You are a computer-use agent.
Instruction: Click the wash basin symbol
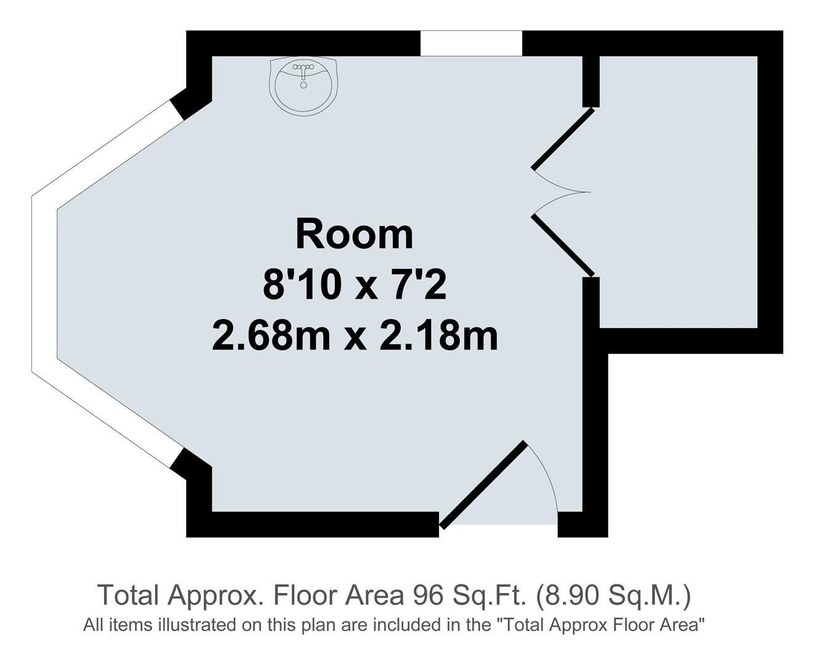(x=303, y=86)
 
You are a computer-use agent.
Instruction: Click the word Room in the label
(x=354, y=235)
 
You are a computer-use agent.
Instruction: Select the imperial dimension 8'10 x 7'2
(x=354, y=286)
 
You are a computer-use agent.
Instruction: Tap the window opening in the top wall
(x=471, y=43)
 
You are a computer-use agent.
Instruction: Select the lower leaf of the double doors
(x=563, y=245)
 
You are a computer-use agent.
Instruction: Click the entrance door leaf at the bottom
(x=483, y=485)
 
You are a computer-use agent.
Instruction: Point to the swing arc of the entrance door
(x=548, y=474)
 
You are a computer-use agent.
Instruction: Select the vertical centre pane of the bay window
(x=44, y=283)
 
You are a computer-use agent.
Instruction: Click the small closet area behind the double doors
(x=677, y=191)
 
